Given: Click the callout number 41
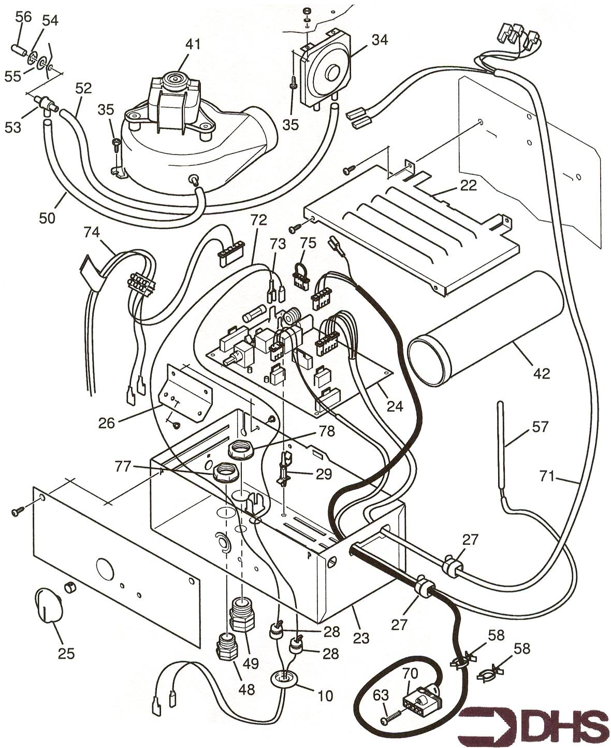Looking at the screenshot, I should coord(193,45).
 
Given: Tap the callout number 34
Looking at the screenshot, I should coord(380,39).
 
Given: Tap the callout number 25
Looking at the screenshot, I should coord(66,653).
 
